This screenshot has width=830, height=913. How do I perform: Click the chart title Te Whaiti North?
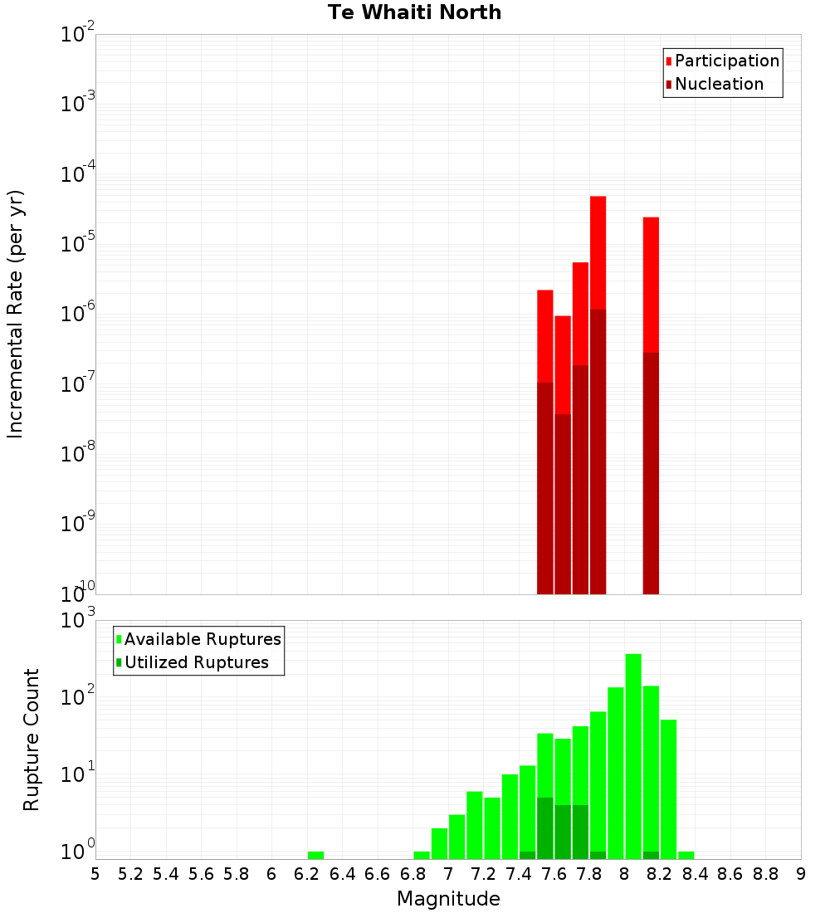tap(414, 12)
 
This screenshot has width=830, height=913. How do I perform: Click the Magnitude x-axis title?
tap(448, 899)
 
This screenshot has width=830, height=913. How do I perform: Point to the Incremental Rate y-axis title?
tap(16, 314)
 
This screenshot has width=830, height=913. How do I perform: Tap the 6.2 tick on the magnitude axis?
tap(307, 874)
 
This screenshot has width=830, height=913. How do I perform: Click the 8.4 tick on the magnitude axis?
tap(696, 874)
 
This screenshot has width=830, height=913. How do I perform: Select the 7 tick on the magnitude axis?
tap(448, 874)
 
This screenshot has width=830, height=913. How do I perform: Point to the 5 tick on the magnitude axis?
tap(95, 874)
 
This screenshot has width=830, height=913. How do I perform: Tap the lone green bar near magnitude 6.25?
tap(315, 855)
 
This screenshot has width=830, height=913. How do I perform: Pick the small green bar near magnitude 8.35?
tap(686, 855)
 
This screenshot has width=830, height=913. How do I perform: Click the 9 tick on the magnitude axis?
tap(801, 874)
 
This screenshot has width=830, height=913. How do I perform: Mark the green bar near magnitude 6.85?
tap(422, 855)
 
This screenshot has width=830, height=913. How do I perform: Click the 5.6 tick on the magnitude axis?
tap(202, 874)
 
